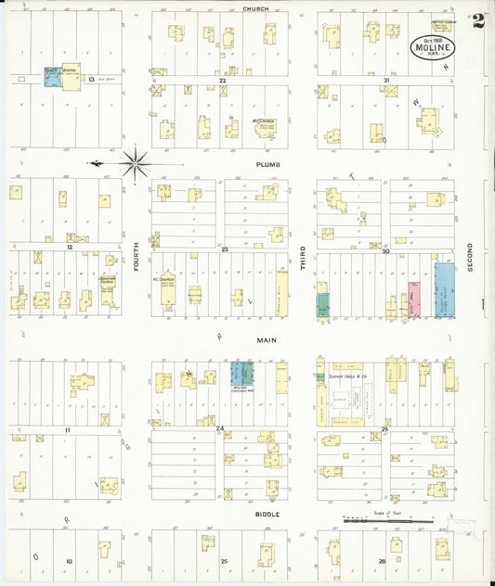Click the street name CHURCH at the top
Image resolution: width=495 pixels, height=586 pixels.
point(255,8)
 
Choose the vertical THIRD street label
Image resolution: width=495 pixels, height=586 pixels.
point(303,257)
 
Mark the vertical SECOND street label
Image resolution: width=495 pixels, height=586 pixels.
point(470,257)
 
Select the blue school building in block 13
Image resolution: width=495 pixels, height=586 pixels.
point(52,79)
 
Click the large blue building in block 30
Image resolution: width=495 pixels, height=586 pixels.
point(445,291)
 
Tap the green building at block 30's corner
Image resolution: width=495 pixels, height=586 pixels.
point(322,304)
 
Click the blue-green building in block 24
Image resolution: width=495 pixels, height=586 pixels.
point(242,375)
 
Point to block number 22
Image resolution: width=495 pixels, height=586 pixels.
point(223,82)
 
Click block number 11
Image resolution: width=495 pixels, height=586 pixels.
point(68,431)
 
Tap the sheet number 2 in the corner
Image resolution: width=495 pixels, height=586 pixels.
point(477,21)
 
